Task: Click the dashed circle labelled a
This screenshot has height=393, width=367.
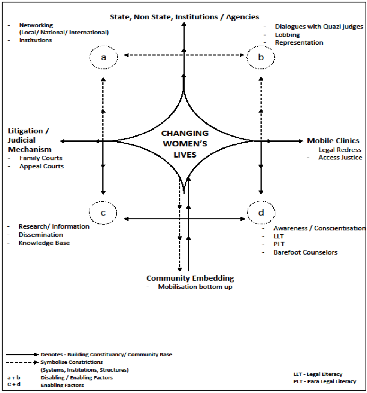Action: coord(104,57)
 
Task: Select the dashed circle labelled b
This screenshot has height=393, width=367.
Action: coord(261,57)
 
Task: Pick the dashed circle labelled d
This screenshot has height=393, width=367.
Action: coord(261,213)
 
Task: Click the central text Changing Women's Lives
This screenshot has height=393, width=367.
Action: coord(185,144)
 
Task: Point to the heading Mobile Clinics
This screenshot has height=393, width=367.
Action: coord(333,141)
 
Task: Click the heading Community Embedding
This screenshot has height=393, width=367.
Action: coord(190,278)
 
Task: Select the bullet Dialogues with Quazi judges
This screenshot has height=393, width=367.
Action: coord(319,27)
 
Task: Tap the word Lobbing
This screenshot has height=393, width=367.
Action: coord(288,35)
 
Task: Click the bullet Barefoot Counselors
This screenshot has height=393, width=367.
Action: coord(305,252)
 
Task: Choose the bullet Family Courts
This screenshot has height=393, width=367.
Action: coord(41,158)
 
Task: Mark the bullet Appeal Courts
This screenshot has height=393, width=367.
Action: coord(42,166)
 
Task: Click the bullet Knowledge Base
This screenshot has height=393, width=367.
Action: coord(44,243)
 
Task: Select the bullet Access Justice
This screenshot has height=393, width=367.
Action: coord(340,158)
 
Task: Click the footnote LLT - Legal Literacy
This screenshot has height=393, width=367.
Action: coord(318,374)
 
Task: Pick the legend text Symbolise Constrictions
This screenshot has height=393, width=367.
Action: coord(72,362)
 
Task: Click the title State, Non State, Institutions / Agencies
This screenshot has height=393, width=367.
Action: coord(184,16)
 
